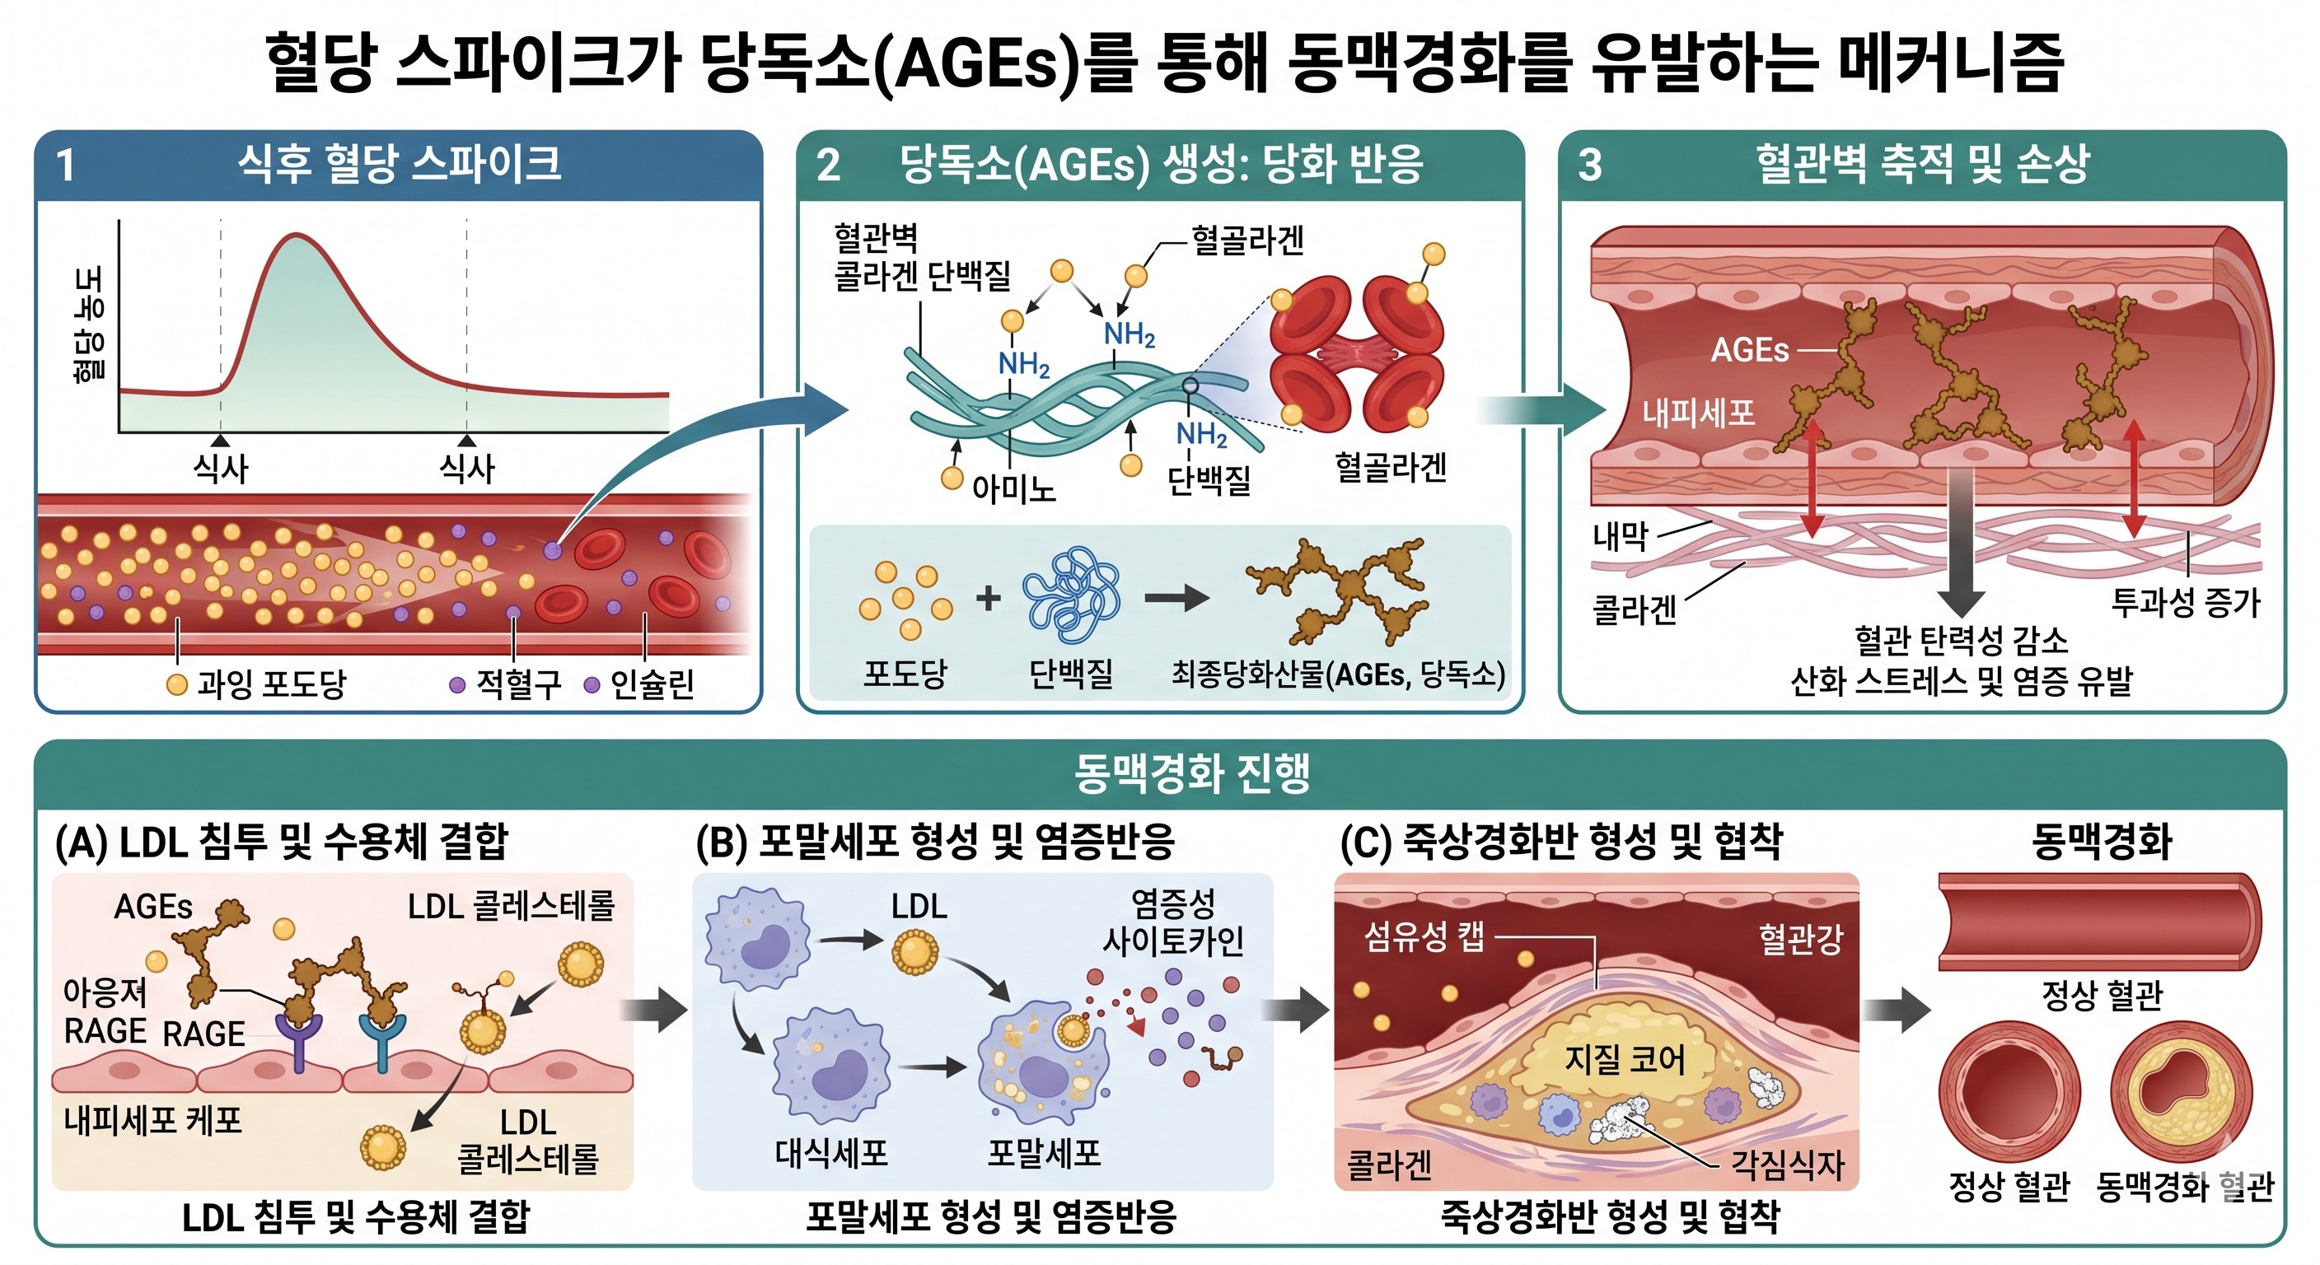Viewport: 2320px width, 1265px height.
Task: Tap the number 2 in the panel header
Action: (828, 165)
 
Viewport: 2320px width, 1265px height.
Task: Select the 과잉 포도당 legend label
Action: (270, 684)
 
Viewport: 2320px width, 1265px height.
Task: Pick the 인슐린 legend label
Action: (651, 684)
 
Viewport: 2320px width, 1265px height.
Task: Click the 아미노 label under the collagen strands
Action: (1013, 489)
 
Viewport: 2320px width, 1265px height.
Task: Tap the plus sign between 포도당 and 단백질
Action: (988, 597)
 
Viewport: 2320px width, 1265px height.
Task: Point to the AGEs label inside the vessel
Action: (1749, 349)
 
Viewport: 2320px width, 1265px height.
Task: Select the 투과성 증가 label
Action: (2186, 602)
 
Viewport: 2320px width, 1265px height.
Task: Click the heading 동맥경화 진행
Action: (1190, 773)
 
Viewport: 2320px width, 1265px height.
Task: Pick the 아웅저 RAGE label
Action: (105, 1011)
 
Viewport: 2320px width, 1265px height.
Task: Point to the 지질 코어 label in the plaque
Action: (1624, 1059)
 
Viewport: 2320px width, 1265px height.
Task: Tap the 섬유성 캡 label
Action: (1424, 937)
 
